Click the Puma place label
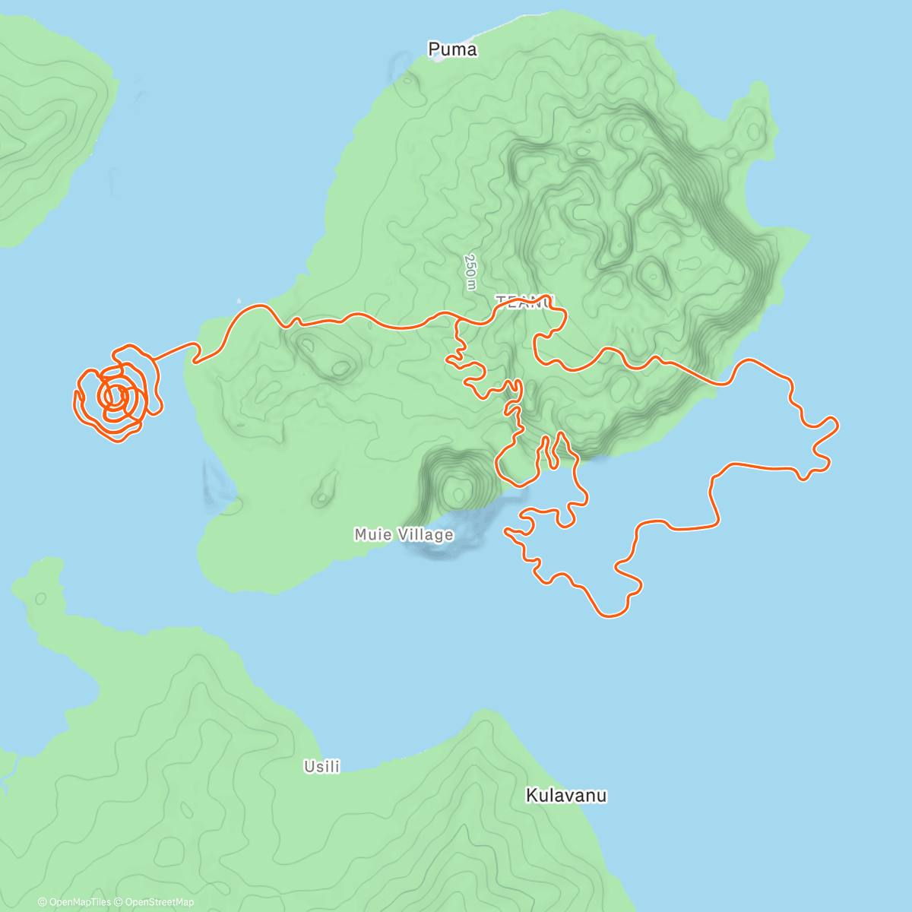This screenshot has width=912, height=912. pyautogui.click(x=452, y=49)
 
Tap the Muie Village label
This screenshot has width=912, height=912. pyautogui.click(x=404, y=535)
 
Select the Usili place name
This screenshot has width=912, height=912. pyautogui.click(x=321, y=767)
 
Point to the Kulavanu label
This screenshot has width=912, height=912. pyautogui.click(x=566, y=796)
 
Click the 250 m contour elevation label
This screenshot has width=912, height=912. pyautogui.click(x=471, y=271)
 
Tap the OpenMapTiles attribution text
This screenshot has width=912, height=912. pyautogui.click(x=79, y=902)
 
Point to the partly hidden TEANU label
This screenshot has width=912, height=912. pyautogui.click(x=524, y=302)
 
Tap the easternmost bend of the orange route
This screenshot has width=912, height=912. pyautogui.click(x=836, y=425)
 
